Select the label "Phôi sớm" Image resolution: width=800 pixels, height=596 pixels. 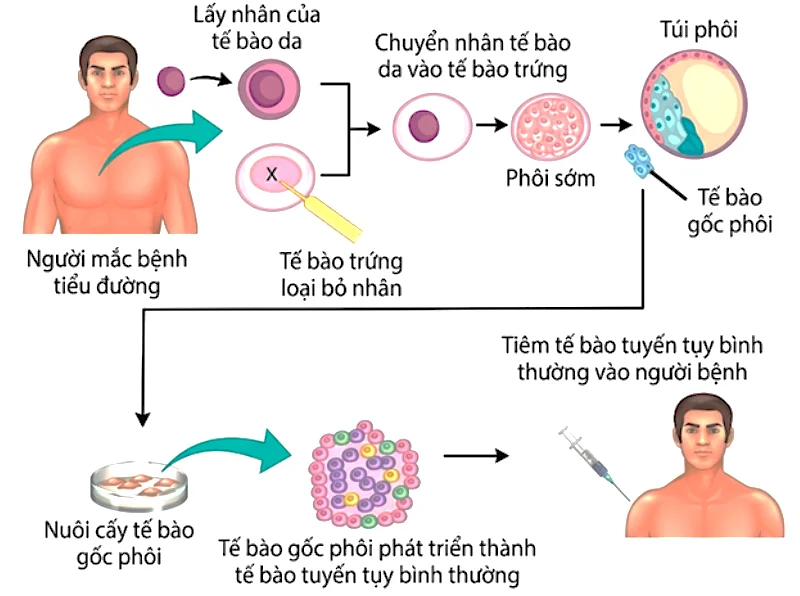tap(548, 180)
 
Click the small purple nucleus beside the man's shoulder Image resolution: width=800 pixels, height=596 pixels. tap(171, 79)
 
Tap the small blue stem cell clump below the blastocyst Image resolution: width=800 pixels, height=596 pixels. tap(639, 160)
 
